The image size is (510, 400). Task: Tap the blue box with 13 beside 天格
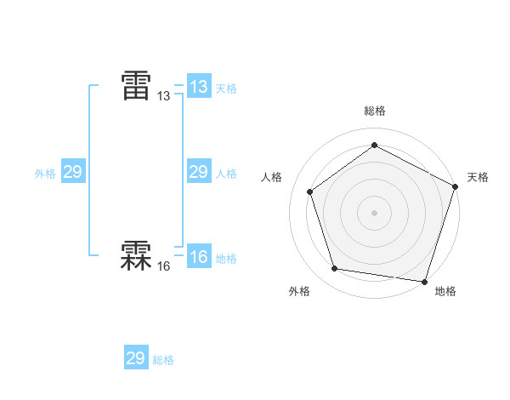[x=198, y=87]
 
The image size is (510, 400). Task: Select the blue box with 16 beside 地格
[x=198, y=257]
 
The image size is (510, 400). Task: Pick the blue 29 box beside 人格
[x=198, y=172]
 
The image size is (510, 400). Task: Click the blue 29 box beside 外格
[x=72, y=172]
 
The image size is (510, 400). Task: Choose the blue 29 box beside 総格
[x=135, y=358]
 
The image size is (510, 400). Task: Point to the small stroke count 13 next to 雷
[x=164, y=97]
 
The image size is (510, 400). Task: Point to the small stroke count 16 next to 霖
[x=164, y=266]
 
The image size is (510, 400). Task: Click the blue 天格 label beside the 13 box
[x=226, y=89]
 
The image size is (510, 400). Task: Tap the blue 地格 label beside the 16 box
[x=226, y=259]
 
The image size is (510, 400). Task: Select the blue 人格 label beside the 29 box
[x=226, y=174]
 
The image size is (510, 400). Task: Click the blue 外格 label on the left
[x=45, y=174]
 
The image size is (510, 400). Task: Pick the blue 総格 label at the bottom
[x=163, y=360]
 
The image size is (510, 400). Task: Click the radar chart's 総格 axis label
[x=375, y=111]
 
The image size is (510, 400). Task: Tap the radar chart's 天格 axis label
[x=478, y=177]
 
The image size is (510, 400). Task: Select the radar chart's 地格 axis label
[x=445, y=291]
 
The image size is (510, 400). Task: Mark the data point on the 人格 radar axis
[x=310, y=191]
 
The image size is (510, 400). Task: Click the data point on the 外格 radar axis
[x=335, y=269]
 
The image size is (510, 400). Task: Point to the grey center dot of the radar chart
[x=375, y=212]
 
